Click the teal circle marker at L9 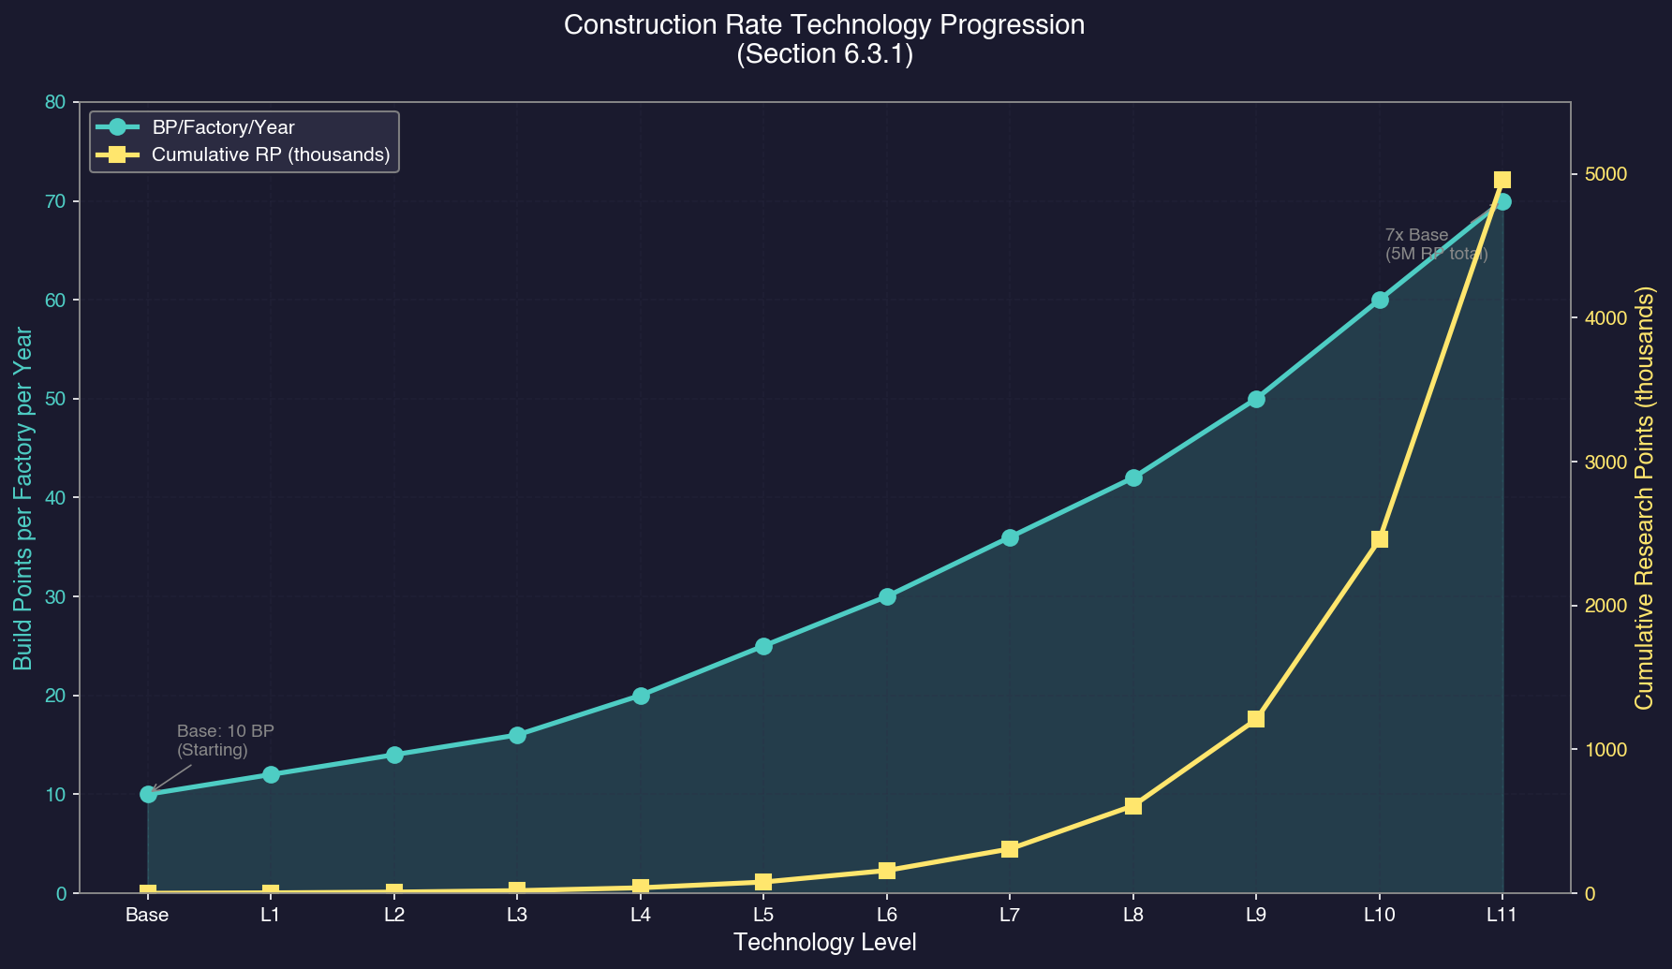(x=1256, y=399)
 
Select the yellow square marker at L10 (x=1380, y=539)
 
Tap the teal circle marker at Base (x=148, y=794)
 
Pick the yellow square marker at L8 (x=1133, y=806)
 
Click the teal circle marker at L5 (x=763, y=646)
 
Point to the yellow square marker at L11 (x=1502, y=180)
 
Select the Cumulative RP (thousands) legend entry (x=271, y=154)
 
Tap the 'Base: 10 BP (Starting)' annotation (x=225, y=741)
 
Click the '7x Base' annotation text (x=1416, y=235)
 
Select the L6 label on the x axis (x=886, y=915)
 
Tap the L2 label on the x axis (x=393, y=915)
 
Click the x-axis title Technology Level (x=824, y=943)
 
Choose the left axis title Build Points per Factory (x=24, y=498)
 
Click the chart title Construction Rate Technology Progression (x=824, y=25)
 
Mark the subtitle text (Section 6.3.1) (x=824, y=54)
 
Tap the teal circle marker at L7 (x=1010, y=537)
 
